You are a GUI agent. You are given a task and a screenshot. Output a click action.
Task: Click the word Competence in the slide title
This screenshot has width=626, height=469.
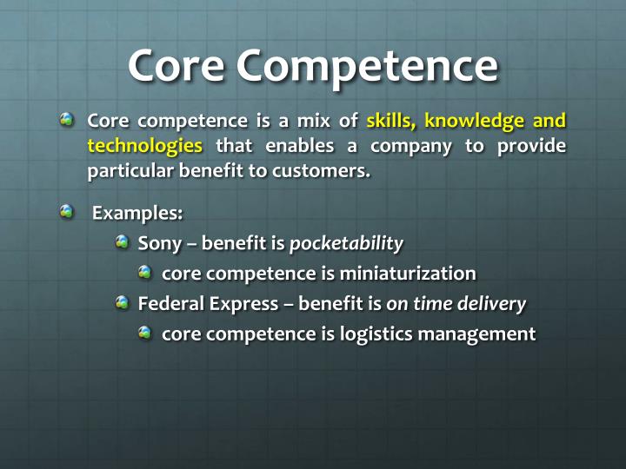[366, 64]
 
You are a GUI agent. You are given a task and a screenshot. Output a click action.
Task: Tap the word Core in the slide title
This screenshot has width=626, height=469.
[176, 64]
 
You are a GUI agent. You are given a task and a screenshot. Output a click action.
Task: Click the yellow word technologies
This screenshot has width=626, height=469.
[144, 145]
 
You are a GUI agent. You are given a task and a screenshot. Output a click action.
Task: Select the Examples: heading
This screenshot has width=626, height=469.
[137, 212]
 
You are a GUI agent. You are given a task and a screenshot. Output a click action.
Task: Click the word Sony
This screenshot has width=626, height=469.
[158, 244]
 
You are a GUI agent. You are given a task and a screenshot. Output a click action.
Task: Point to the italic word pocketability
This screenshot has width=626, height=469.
[346, 244]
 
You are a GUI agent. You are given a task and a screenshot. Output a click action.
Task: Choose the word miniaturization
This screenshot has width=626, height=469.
[408, 274]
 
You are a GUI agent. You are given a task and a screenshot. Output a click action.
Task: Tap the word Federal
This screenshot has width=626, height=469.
[170, 303]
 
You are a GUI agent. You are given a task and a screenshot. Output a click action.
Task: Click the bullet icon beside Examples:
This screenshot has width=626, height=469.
[68, 211]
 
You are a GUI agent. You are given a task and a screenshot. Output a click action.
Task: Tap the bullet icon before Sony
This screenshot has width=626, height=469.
[123, 242]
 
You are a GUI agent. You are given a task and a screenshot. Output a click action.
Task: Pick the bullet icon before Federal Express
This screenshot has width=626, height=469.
[123, 302]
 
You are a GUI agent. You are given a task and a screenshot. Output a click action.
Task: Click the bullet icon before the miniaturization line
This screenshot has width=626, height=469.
[145, 273]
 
